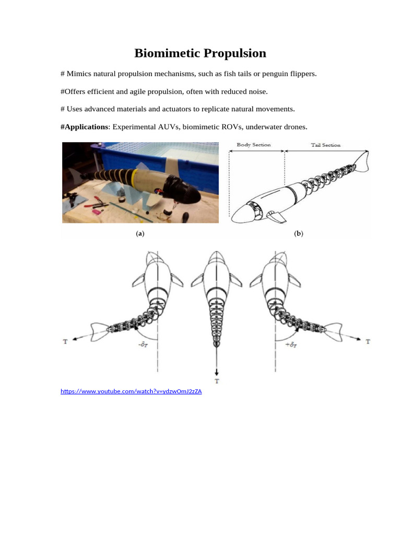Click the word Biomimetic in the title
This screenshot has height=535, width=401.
tap(166, 53)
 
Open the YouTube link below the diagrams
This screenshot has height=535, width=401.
tap(131, 391)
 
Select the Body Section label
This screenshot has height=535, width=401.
tap(254, 145)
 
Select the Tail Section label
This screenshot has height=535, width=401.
tap(325, 145)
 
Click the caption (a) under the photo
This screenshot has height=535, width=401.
tap(139, 234)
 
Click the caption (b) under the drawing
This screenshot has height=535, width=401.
tap(298, 234)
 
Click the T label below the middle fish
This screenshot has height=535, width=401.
tap(216, 381)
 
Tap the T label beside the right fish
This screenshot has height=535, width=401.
tap(368, 342)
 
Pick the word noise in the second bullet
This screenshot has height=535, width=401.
tap(257, 91)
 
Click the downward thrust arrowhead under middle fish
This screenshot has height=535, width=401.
tap(216, 371)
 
